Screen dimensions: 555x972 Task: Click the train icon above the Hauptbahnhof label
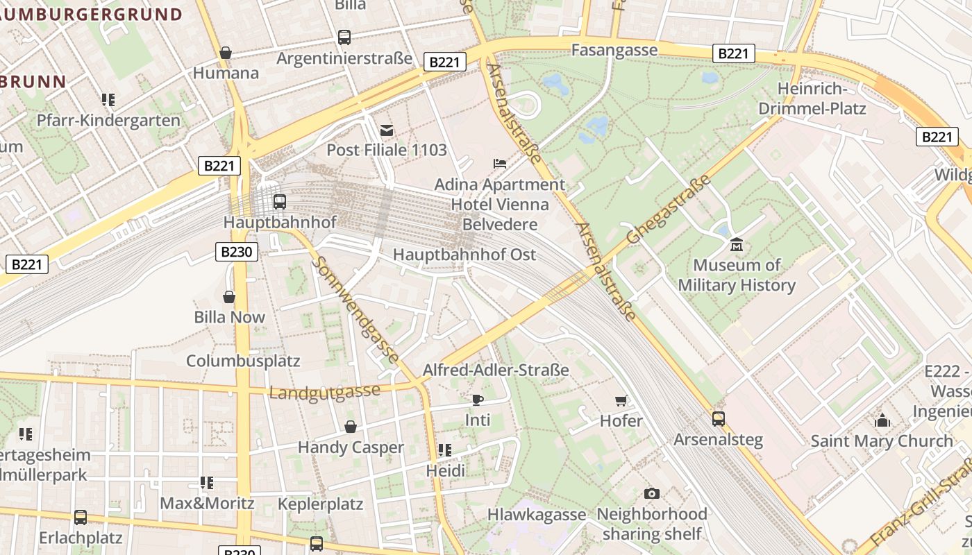point(279,202)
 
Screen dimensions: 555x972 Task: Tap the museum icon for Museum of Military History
point(736,245)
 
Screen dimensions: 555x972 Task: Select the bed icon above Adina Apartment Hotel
point(499,164)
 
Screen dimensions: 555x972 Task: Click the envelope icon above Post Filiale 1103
point(387,130)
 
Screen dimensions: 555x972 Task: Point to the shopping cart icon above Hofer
point(621,400)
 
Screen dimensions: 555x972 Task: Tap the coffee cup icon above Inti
point(477,400)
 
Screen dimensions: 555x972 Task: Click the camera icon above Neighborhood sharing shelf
point(651,493)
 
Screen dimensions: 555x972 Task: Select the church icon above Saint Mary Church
point(882,420)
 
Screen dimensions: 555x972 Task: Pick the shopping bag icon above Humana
point(226,53)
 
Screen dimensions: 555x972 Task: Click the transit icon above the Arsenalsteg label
point(718,419)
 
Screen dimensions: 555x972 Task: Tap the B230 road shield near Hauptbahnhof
point(237,252)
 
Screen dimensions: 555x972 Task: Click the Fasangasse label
point(614,50)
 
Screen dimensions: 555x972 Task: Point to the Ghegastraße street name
point(669,209)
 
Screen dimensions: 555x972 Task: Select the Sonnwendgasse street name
point(355,309)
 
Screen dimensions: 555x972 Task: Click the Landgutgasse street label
point(324,392)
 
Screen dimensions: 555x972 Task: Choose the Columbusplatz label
point(243,361)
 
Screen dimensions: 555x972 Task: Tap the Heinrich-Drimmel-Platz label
point(812,99)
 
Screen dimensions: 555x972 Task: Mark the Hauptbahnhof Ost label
point(464,255)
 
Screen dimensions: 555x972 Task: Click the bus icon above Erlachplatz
point(81,517)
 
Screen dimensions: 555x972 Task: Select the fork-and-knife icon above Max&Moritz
point(206,482)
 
